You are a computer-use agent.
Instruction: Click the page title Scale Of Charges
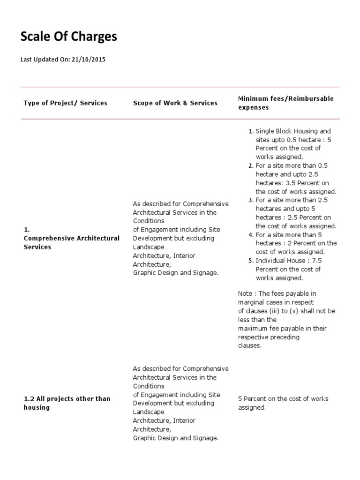click(68, 37)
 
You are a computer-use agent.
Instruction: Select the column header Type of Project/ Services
click(65, 103)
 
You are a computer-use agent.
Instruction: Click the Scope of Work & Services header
click(175, 103)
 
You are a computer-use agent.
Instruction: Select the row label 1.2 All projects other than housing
click(67, 403)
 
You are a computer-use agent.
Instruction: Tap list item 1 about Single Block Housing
click(293, 144)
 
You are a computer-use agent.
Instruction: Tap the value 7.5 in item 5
click(328, 261)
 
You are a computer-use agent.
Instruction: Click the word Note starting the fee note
click(245, 293)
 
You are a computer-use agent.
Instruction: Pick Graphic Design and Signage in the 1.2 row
click(175, 438)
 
